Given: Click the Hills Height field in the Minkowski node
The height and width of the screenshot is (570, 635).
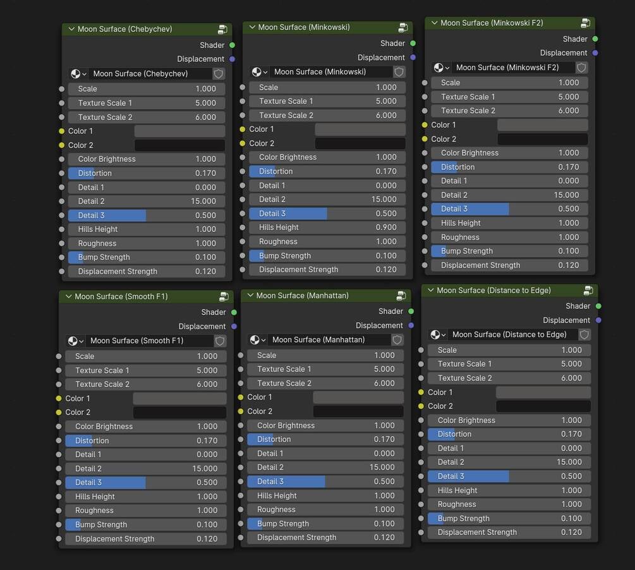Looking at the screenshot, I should tap(327, 227).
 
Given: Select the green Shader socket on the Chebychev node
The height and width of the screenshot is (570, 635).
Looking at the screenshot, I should tap(233, 45).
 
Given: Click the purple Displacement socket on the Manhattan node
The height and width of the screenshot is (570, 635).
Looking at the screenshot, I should tap(411, 325).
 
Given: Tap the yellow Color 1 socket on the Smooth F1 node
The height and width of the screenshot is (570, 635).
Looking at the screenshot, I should tap(59, 398).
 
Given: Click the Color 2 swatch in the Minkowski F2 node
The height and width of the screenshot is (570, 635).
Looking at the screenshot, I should tap(542, 139).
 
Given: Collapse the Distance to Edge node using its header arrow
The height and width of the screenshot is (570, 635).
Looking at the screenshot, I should tap(430, 290).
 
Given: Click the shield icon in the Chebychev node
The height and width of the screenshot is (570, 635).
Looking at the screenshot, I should tap(219, 73).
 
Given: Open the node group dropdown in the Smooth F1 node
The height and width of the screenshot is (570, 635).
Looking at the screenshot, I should tap(75, 341).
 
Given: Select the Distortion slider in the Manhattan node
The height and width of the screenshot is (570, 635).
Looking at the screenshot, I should tap(325, 439).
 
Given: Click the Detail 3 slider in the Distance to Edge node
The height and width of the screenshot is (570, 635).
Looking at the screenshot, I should tap(509, 476).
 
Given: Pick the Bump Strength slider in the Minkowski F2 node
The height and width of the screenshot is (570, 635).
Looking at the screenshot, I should tap(509, 251).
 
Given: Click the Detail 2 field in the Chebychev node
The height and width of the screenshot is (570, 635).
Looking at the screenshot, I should tap(147, 201).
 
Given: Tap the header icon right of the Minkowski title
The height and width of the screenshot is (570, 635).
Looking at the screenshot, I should tap(402, 28).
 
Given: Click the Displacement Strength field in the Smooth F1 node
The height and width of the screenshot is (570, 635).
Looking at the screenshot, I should tap(146, 539).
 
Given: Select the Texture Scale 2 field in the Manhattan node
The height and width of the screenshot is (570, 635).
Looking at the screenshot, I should tap(325, 383).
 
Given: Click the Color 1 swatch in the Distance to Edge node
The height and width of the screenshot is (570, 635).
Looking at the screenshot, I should tap(543, 392).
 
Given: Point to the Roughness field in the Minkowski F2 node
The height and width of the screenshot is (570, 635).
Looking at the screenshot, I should tap(509, 237).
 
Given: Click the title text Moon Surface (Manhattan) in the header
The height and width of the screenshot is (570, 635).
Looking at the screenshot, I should tap(302, 295).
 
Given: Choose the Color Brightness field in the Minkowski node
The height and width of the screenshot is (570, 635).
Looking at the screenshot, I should tap(327, 157).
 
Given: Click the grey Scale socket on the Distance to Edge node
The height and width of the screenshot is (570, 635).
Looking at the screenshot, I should tap(420, 349).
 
